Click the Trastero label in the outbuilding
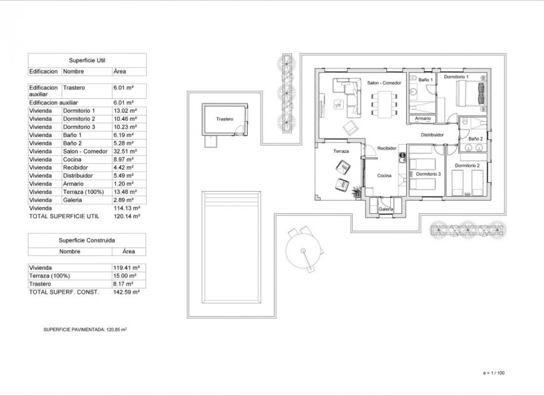[x=225, y=119]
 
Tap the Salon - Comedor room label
[x=384, y=83]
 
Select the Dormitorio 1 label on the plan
[x=456, y=77]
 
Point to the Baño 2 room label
[x=475, y=138]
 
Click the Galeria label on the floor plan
[x=385, y=209]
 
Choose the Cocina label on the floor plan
[x=384, y=176]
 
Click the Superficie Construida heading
[x=87, y=240]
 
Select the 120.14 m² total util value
[x=125, y=216]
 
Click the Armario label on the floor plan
[x=423, y=119]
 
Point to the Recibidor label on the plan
[x=387, y=148]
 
